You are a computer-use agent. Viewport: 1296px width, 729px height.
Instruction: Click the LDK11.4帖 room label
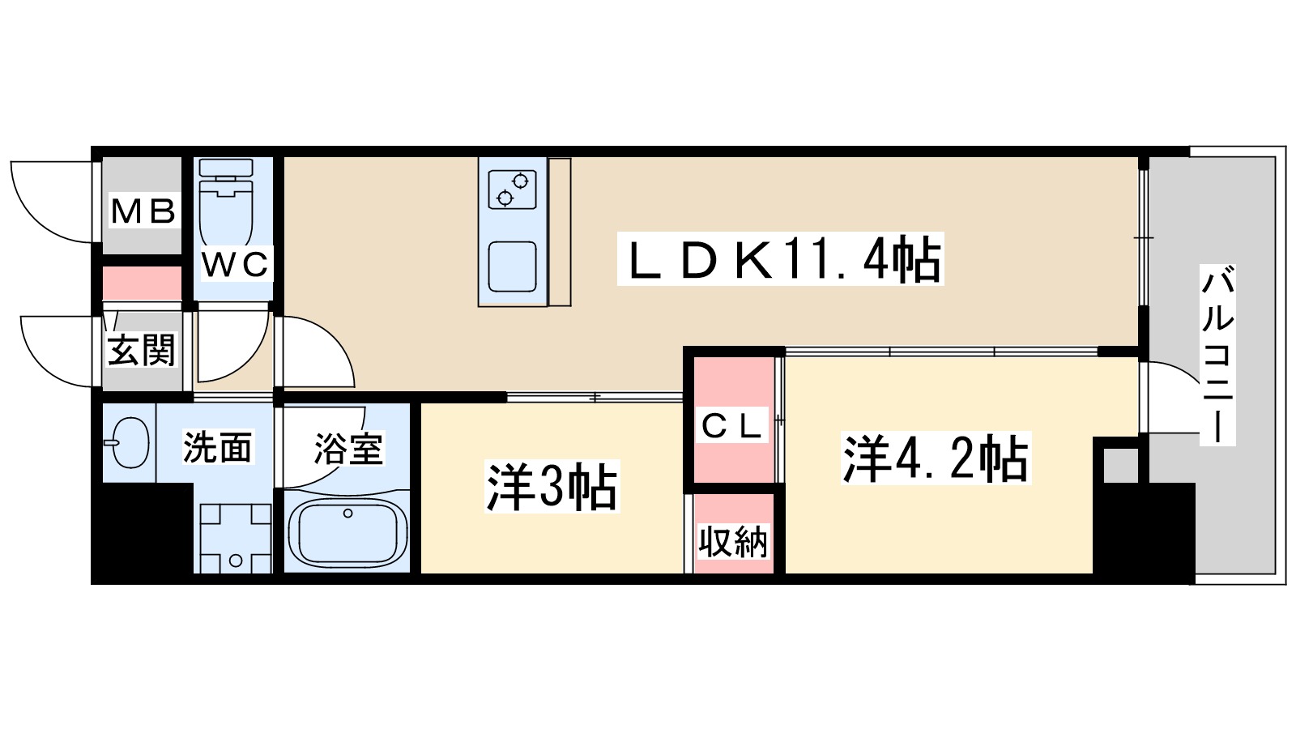[780, 260]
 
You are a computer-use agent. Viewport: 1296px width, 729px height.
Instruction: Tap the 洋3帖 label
[552, 487]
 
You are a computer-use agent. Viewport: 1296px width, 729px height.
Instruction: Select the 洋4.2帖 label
[936, 458]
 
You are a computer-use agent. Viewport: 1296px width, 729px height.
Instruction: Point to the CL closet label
[732, 426]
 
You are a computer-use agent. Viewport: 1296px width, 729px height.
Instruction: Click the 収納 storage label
[733, 541]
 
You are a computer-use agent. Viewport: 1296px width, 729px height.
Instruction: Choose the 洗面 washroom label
[217, 447]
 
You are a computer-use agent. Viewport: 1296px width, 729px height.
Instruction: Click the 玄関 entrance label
[141, 350]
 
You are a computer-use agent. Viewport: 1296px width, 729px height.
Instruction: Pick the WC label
[235, 265]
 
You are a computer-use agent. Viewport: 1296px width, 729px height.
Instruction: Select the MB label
[143, 212]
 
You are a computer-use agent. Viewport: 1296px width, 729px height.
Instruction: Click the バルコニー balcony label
[1217, 355]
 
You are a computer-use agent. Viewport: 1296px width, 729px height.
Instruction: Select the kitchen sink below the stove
[512, 265]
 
